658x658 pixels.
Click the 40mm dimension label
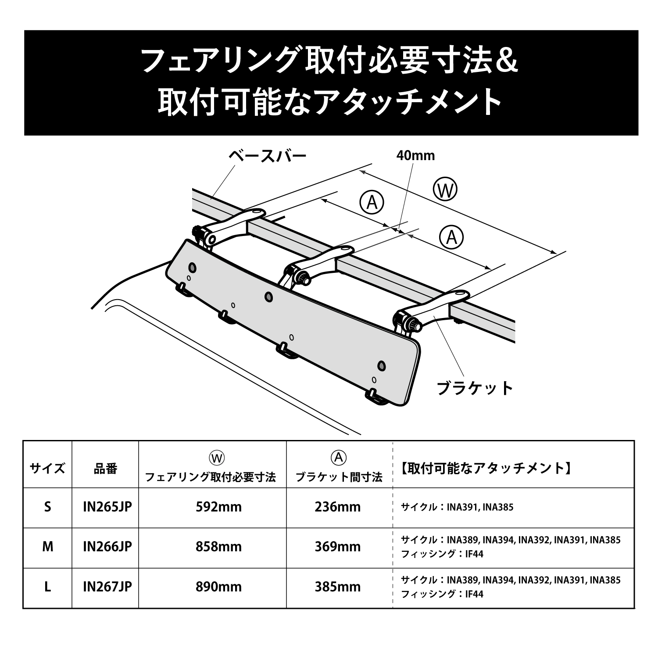(x=415, y=156)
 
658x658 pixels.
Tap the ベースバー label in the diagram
(x=267, y=156)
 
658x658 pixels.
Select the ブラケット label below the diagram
(x=475, y=388)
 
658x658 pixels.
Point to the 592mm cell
(x=218, y=507)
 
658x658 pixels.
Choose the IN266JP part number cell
(x=107, y=547)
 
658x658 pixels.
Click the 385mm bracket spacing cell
(x=337, y=587)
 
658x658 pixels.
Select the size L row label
(x=47, y=587)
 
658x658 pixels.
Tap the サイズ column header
(x=47, y=468)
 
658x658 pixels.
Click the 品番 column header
(x=106, y=468)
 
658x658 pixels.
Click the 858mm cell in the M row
(x=218, y=547)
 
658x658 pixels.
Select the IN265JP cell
(x=107, y=507)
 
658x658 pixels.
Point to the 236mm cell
(x=337, y=507)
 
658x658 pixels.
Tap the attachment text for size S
(x=457, y=508)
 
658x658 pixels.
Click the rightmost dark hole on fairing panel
(x=381, y=365)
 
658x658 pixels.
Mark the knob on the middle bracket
(x=301, y=277)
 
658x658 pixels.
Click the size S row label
(x=47, y=507)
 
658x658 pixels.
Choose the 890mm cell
(x=218, y=587)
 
